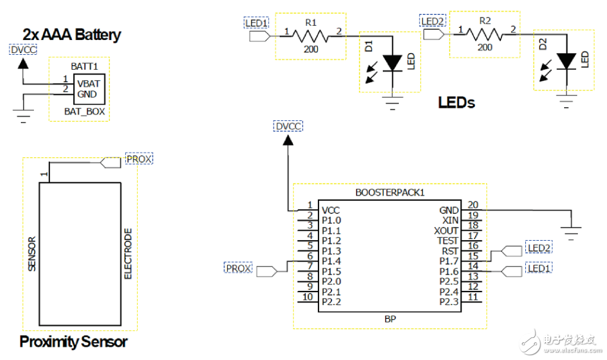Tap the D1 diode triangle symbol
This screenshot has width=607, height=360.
393,62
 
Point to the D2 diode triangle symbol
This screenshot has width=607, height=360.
566,60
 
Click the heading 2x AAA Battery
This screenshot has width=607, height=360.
72,34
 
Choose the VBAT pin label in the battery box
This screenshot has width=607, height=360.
88,84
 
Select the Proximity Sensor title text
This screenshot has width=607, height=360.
73,342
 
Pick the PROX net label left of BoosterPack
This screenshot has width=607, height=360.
239,268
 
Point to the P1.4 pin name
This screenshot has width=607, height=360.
331,260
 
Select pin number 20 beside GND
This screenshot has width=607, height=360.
473,204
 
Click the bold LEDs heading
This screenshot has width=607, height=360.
456,103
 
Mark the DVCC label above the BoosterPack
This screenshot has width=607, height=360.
288,126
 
